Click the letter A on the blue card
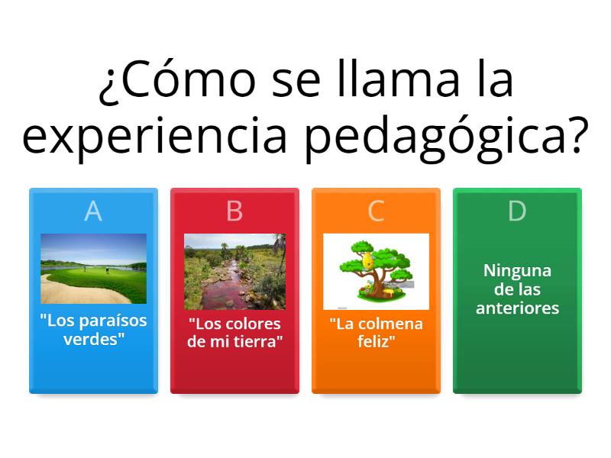pyautogui.click(x=93, y=211)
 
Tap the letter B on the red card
pyautogui.click(x=234, y=211)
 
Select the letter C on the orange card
pyautogui.click(x=376, y=211)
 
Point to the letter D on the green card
pyautogui.click(x=517, y=211)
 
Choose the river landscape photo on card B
pyautogui.click(x=234, y=271)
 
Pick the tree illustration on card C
pyautogui.click(x=376, y=271)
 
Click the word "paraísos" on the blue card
pyautogui.click(x=111, y=321)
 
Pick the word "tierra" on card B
pyautogui.click(x=254, y=341)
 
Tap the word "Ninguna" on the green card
pyautogui.click(x=517, y=271)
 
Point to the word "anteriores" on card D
pyautogui.click(x=517, y=308)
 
